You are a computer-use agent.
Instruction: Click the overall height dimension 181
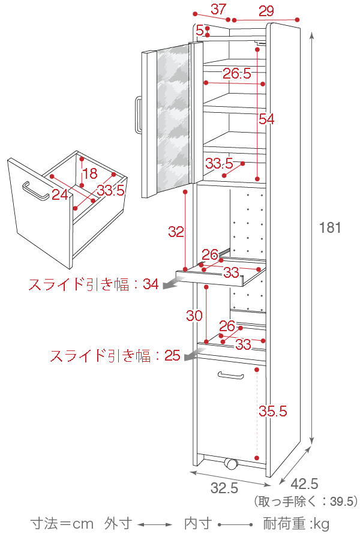click(x=330, y=228)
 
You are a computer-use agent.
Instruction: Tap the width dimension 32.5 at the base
click(x=224, y=488)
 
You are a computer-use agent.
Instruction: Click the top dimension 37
click(x=218, y=10)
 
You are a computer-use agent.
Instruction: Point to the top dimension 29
click(x=266, y=11)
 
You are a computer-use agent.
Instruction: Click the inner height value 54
click(x=266, y=119)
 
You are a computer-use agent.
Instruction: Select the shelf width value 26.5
click(x=236, y=74)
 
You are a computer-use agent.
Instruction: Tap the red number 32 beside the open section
click(x=176, y=232)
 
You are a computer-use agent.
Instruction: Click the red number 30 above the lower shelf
click(x=194, y=316)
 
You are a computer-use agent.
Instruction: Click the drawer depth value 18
click(x=89, y=174)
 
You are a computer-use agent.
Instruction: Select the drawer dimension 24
click(x=59, y=194)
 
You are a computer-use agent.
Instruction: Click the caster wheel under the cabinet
click(x=230, y=464)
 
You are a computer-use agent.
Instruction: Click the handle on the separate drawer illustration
click(x=35, y=191)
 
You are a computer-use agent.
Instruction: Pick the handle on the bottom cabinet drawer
click(x=232, y=376)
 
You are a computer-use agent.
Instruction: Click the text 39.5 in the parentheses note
click(x=343, y=501)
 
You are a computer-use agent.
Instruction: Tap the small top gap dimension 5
click(x=200, y=29)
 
